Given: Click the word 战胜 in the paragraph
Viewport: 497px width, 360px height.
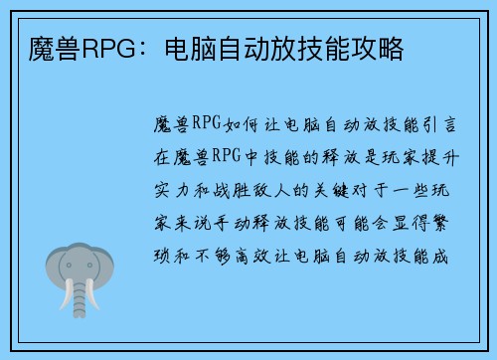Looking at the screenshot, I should coord(243,192).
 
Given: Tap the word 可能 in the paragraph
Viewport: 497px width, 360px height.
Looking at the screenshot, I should coord(358,224).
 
